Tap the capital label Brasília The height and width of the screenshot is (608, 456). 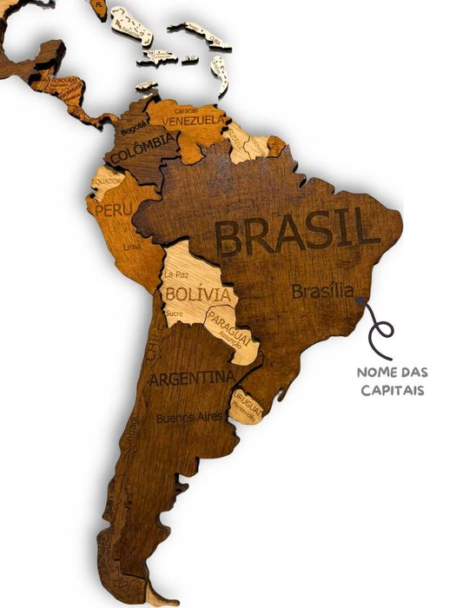pyautogui.click(x=322, y=291)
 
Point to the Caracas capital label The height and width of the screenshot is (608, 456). pyautogui.click(x=185, y=110)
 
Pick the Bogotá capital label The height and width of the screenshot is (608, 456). pyautogui.click(x=133, y=129)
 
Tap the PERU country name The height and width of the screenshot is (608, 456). pyautogui.click(x=113, y=210)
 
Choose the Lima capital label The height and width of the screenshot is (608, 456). pyautogui.click(x=132, y=247)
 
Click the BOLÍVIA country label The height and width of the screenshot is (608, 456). pyautogui.click(x=201, y=294)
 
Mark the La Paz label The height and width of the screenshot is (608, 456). pyautogui.click(x=176, y=274)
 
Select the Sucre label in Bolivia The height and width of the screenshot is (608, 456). pyautogui.click(x=174, y=313)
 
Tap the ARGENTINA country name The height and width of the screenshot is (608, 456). pyautogui.click(x=191, y=379)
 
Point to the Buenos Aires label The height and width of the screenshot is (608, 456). pyautogui.click(x=189, y=418)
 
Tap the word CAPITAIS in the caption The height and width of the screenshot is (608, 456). pyautogui.click(x=393, y=390)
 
